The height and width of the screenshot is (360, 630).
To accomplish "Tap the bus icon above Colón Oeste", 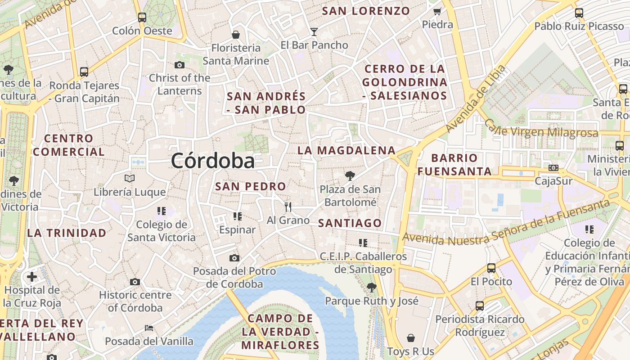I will click(x=142, y=18).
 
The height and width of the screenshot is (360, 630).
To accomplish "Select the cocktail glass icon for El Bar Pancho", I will click(x=314, y=32).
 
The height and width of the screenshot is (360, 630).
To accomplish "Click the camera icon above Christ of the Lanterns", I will click(x=180, y=65).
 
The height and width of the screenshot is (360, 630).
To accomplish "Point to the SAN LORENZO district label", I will click(x=366, y=11).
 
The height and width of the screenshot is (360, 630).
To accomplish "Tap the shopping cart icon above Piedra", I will click(x=437, y=12).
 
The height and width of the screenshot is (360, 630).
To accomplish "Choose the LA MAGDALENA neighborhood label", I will click(x=346, y=150).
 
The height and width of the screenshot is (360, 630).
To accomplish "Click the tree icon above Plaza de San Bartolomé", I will click(x=350, y=176).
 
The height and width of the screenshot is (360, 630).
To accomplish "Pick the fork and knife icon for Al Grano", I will click(x=288, y=207).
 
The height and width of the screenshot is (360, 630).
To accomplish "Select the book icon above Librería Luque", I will click(x=130, y=179).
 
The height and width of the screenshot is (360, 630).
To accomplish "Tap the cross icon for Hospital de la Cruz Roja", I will click(x=32, y=276).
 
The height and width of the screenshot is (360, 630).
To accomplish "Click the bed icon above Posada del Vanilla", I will click(x=149, y=328).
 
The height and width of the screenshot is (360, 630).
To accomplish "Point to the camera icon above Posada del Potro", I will click(x=234, y=258).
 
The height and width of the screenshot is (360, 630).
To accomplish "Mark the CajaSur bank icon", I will click(x=553, y=168).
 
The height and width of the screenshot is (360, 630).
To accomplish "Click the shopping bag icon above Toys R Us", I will click(x=410, y=338).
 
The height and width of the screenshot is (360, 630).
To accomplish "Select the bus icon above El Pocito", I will click(x=491, y=268).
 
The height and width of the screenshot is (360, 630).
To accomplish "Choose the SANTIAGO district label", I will click(x=350, y=223).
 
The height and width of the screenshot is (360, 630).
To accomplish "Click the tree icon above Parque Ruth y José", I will click(x=371, y=287).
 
